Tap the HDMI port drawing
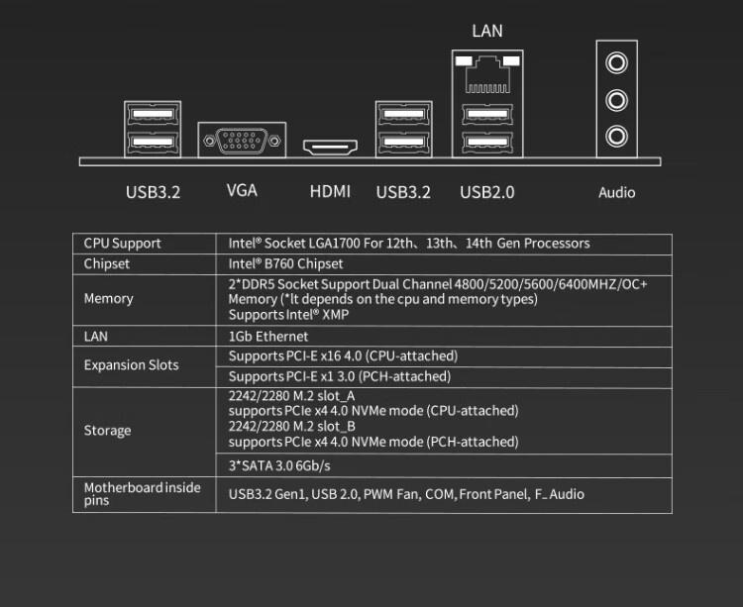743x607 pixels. coord(330,148)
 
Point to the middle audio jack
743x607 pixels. coord(616,99)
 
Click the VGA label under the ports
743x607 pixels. coord(242,190)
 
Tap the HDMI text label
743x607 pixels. coord(330,191)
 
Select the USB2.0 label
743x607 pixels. coord(487,192)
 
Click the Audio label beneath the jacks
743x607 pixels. coord(616,192)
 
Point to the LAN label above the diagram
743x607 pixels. coord(487,31)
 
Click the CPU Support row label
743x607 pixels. coord(122,244)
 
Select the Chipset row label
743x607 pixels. coord(107,264)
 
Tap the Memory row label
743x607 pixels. coord(108,298)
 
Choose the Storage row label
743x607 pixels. coord(107,431)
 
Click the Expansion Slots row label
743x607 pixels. coord(131,365)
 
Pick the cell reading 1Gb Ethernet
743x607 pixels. coord(268,337)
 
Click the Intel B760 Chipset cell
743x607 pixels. coord(286,264)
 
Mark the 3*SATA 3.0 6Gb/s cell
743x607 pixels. coord(279,466)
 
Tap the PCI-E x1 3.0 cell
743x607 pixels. coord(340,376)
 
